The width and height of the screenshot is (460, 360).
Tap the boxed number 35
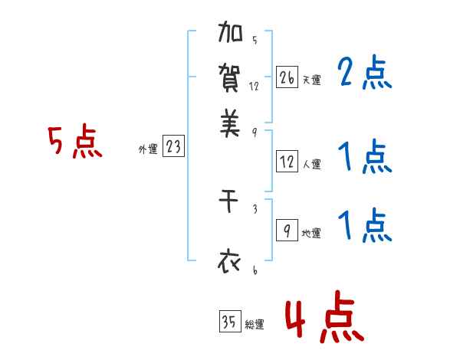pos(229,322)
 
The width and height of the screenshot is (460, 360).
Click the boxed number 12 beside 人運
pos(286,162)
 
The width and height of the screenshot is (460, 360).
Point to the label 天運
pos(311,80)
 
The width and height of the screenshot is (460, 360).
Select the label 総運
pos(255,325)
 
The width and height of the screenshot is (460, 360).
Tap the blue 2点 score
pos(364,74)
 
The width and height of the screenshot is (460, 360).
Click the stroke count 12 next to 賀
pos(255,87)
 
